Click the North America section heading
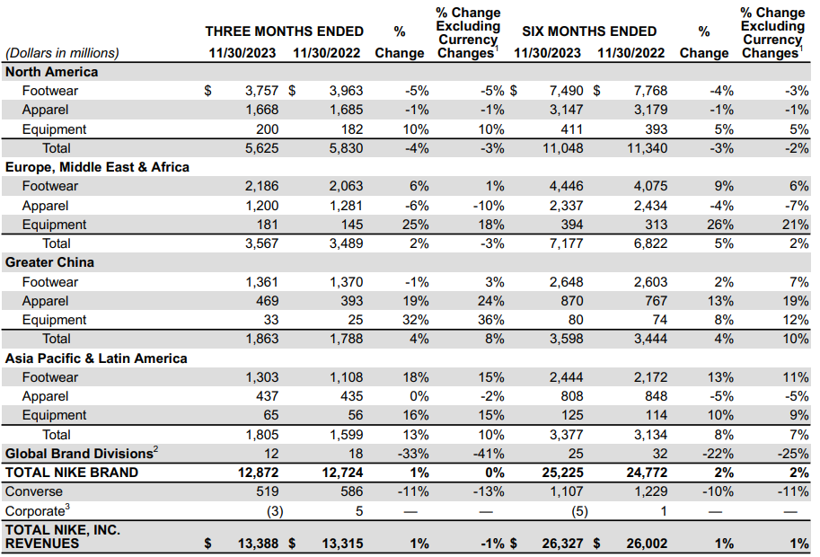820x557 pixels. pyautogui.click(x=51, y=72)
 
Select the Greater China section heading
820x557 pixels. pyautogui.click(x=49, y=262)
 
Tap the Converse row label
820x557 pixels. pyautogui.click(x=33, y=491)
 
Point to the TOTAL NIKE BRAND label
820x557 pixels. pyautogui.click(x=72, y=473)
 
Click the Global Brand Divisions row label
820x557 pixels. pyautogui.click(x=82, y=453)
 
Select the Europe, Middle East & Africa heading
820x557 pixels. pyautogui.click(x=97, y=167)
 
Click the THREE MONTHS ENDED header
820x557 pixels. pyautogui.click(x=284, y=31)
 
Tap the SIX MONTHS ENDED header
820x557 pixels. pyautogui.click(x=589, y=31)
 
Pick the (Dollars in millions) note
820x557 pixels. pyautogui.click(x=62, y=53)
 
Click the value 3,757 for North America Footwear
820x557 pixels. pyautogui.click(x=261, y=91)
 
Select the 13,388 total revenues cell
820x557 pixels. pyautogui.click(x=259, y=544)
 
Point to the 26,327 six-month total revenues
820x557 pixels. pyautogui.click(x=563, y=544)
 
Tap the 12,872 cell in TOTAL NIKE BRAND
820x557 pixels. pyautogui.click(x=259, y=473)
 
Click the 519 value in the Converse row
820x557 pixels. pyautogui.click(x=268, y=491)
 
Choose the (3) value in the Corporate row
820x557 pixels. pyautogui.click(x=275, y=511)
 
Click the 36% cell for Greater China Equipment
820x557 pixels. pyautogui.click(x=491, y=320)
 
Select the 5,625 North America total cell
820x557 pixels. pyautogui.click(x=261, y=148)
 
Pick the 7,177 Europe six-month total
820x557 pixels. pyautogui.click(x=567, y=243)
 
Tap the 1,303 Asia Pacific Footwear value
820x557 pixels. pyautogui.click(x=262, y=377)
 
